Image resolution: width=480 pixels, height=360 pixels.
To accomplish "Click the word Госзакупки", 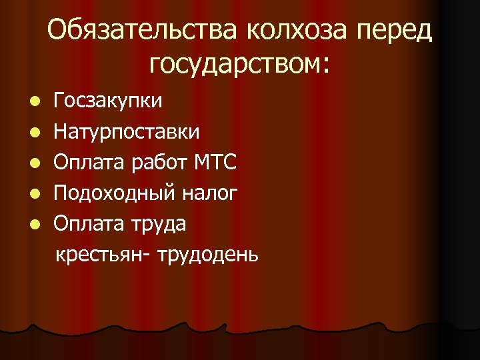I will [107, 101].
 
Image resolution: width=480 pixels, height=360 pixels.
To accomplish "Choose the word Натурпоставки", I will [126, 131].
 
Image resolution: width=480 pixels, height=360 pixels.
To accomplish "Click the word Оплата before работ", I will [85, 162].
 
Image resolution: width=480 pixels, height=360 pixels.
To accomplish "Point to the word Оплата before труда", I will [85, 223].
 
